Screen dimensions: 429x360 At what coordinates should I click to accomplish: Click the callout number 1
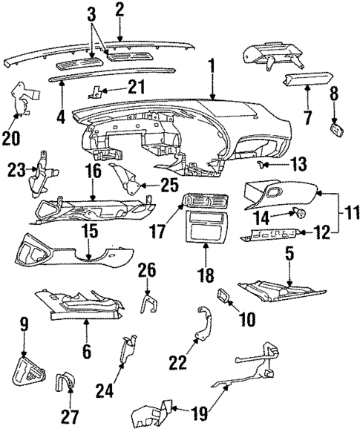(212, 72)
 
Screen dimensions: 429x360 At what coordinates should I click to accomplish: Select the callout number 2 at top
(119, 10)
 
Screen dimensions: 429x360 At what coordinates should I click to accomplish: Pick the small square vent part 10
(225, 296)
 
